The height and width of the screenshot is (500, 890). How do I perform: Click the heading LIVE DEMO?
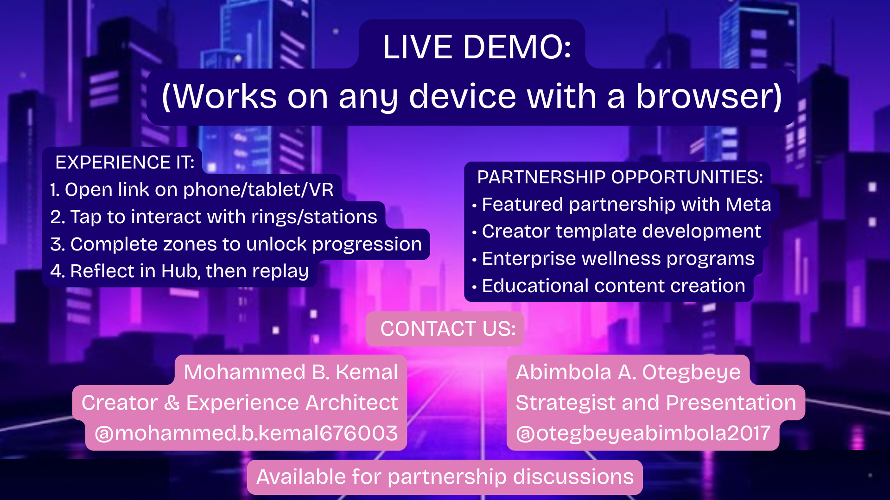pyautogui.click(x=477, y=47)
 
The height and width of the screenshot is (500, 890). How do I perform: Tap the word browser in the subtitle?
pyautogui.click(x=709, y=96)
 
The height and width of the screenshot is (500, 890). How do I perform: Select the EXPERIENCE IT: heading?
pyautogui.click(x=125, y=162)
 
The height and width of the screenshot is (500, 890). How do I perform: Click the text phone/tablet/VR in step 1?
pyautogui.click(x=258, y=190)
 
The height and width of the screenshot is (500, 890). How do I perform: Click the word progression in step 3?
pyautogui.click(x=367, y=244)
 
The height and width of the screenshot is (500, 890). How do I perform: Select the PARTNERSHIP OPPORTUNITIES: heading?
pyautogui.click(x=620, y=177)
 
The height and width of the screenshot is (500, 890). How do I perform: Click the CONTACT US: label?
pyautogui.click(x=448, y=329)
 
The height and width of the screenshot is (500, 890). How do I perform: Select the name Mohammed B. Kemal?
pyautogui.click(x=291, y=372)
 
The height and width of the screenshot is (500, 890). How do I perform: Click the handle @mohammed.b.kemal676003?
pyautogui.click(x=246, y=433)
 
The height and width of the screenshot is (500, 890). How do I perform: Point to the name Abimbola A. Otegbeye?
pyautogui.click(x=628, y=373)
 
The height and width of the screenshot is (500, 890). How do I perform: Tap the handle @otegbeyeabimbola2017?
pyautogui.click(x=643, y=434)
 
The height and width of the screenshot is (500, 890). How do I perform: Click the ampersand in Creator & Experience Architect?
pyautogui.click(x=172, y=403)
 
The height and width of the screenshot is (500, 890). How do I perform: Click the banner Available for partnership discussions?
pyautogui.click(x=445, y=477)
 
